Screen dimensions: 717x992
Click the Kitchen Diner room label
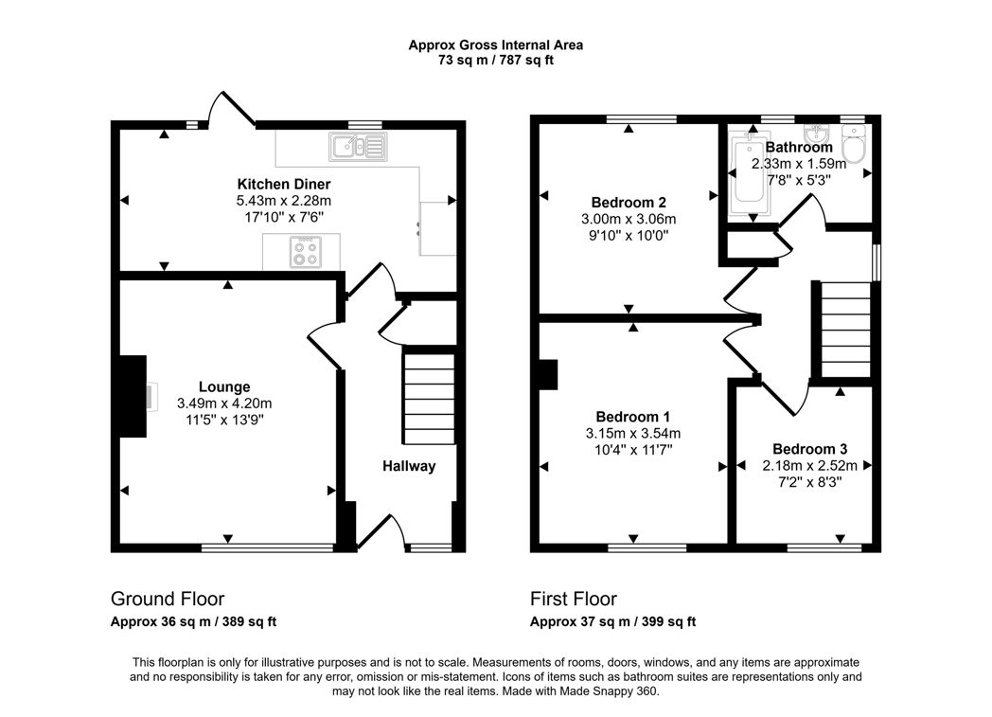coord(283,184)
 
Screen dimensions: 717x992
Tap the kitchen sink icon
coord(358,147)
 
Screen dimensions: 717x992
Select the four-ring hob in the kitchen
coord(305,252)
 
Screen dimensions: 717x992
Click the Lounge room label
coord(224,386)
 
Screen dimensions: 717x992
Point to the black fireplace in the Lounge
coord(132,397)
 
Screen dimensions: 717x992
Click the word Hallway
coord(409,466)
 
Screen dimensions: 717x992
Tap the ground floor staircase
coord(429,398)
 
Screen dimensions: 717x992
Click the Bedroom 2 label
coord(629,203)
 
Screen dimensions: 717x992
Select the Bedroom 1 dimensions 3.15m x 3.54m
coord(633,434)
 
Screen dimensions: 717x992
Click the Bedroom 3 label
coord(809,449)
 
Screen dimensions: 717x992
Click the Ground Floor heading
coord(168,599)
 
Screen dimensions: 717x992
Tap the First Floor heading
coord(574,599)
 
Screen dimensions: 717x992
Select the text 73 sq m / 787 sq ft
coord(495,60)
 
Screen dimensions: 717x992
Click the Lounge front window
coord(267,547)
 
